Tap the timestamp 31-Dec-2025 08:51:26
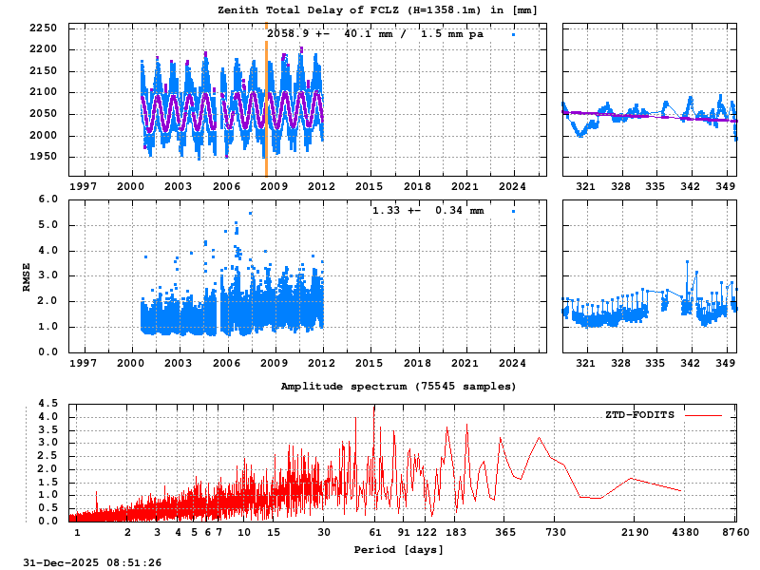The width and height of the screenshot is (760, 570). point(92,562)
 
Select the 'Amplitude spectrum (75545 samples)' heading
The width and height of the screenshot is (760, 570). point(399,387)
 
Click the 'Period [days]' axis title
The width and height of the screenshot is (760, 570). point(399,549)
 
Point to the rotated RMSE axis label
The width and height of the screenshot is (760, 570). point(27,275)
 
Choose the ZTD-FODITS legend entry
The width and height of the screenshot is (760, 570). point(639,415)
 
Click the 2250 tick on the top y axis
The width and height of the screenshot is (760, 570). point(43,28)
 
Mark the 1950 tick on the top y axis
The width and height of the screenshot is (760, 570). point(43,157)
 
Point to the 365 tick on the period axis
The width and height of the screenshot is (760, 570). point(505,533)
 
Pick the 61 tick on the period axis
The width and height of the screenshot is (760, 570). point(375,533)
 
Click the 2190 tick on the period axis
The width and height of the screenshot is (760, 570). point(635,533)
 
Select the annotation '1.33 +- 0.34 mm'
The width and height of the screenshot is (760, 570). point(427,210)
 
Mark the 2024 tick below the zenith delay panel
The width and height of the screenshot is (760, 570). point(513,187)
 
